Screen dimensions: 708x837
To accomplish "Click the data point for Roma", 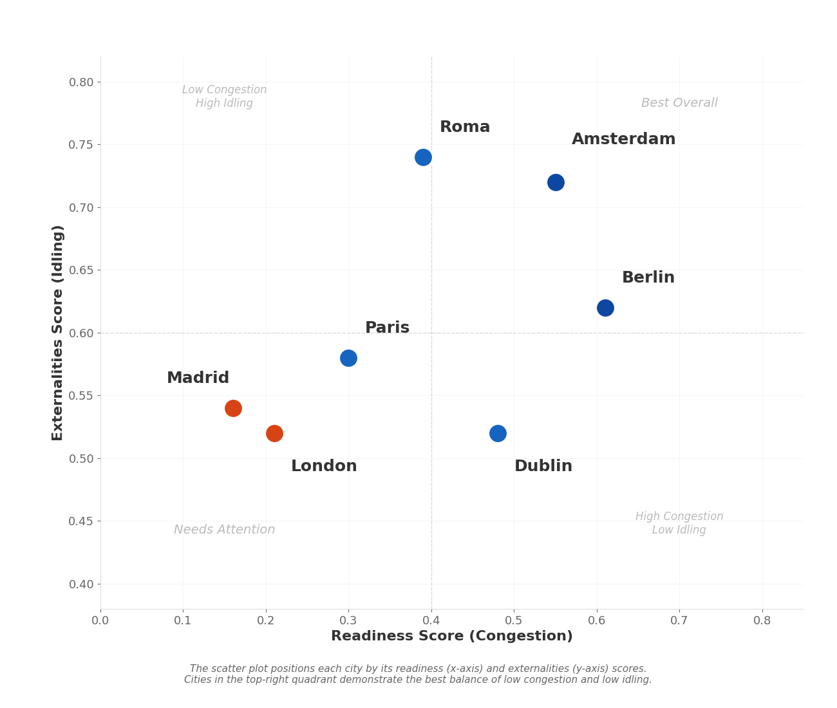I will [x=423, y=157].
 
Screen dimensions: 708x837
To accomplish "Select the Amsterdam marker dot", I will [x=556, y=182].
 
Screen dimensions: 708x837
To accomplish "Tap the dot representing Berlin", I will [x=605, y=308].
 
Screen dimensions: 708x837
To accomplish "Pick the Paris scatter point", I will [x=348, y=358].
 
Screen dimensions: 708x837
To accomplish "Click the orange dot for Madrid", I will [x=233, y=408].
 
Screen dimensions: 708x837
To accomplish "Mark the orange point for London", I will [x=274, y=433].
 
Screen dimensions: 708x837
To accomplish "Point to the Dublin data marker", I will [x=498, y=433].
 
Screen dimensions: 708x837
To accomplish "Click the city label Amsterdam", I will [x=623, y=140].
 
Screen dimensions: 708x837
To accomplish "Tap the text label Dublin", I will [x=543, y=467].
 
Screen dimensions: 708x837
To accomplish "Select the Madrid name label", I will [x=198, y=378].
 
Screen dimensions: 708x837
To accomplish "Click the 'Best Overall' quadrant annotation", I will [x=679, y=103].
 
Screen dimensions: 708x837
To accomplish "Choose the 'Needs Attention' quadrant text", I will [x=224, y=530].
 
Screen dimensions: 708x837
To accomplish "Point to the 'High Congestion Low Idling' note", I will [x=679, y=523].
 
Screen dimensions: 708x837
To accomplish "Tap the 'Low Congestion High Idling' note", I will [x=224, y=97].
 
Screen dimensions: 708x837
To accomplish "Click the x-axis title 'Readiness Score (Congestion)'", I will [x=451, y=637].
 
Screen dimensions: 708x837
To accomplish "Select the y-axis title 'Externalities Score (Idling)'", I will [x=58, y=333].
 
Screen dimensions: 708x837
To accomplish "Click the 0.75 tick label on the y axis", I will [x=81, y=145].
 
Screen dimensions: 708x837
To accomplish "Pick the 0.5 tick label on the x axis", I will [x=514, y=621].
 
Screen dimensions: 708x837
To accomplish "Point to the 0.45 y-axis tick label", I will [x=81, y=521].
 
